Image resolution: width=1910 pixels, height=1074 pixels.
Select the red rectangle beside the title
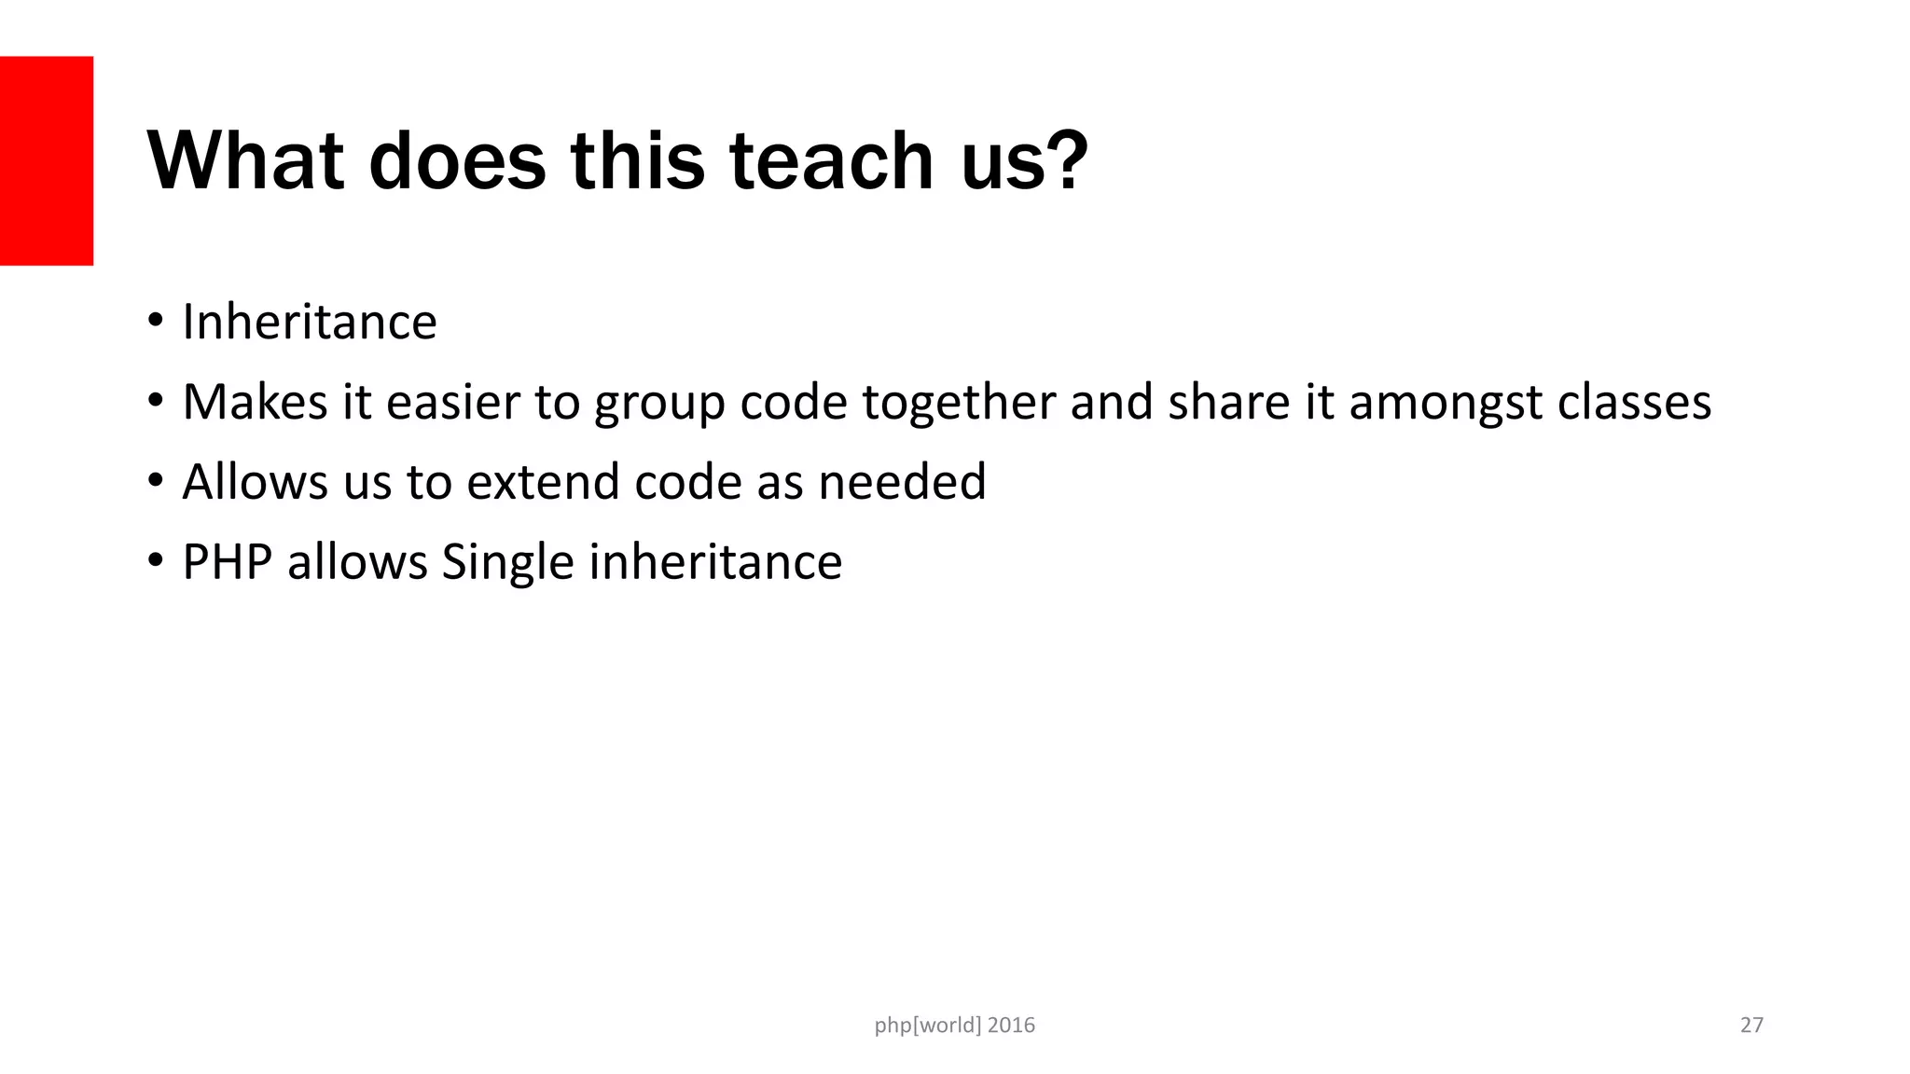[47, 160]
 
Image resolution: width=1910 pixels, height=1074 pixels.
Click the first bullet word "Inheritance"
[310, 323]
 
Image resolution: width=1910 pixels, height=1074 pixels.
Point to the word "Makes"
[255, 402]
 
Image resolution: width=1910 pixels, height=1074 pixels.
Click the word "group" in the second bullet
[659, 404]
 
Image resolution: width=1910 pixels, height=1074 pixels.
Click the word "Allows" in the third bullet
[255, 482]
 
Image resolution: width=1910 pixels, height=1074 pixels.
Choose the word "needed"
[902, 482]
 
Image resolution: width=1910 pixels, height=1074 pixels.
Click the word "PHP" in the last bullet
[227, 562]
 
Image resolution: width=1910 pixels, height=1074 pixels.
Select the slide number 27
[1751, 1026]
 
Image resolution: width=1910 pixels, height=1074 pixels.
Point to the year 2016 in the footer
[1011, 1026]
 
